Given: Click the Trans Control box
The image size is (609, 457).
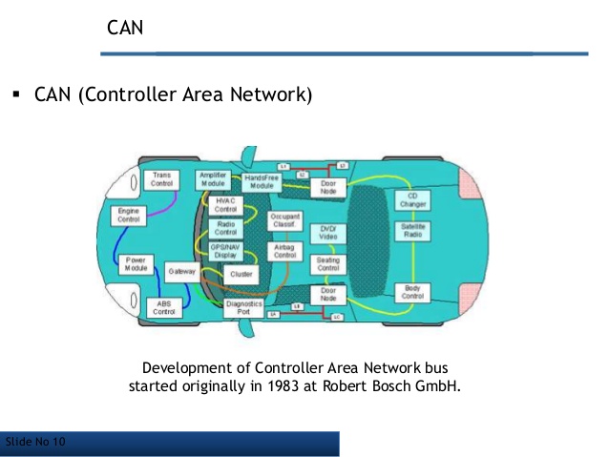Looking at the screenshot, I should (160, 180).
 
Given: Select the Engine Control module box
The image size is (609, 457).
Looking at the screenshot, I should (127, 215).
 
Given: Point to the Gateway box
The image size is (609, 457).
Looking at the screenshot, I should (181, 272).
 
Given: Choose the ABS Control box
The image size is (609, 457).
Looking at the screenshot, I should (164, 306).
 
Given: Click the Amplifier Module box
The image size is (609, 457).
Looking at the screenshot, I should (213, 179).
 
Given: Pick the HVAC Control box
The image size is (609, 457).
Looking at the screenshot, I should (225, 204).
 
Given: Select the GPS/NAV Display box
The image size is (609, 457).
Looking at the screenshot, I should (225, 251).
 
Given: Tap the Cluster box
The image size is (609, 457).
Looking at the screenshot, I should (241, 274).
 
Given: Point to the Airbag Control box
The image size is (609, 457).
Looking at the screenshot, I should (285, 252).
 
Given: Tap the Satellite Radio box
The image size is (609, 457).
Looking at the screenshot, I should (412, 231).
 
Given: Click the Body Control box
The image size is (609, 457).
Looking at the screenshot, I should (412, 293).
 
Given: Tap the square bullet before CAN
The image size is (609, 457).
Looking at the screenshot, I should (17, 96).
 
